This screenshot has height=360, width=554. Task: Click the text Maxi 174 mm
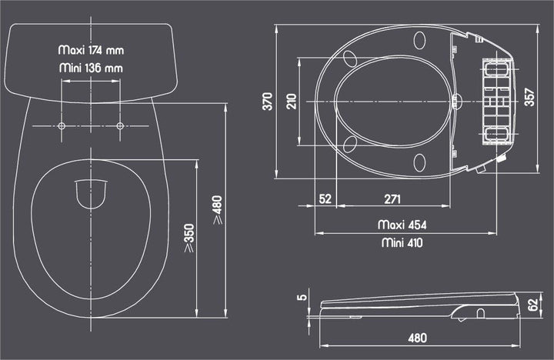(91, 49)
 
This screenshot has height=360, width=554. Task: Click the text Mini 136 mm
(91, 68)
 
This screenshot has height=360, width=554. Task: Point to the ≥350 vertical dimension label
(189, 238)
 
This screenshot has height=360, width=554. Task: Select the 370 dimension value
(267, 102)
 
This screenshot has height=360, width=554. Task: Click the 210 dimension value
(291, 102)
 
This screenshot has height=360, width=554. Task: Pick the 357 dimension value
(529, 96)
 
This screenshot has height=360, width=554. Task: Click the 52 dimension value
(325, 199)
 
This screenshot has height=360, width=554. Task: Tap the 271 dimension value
(392, 199)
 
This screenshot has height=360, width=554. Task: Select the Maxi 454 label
(402, 225)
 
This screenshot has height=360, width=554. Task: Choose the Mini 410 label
(402, 242)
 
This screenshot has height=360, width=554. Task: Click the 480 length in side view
(416, 337)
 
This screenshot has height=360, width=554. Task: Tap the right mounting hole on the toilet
(120, 126)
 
